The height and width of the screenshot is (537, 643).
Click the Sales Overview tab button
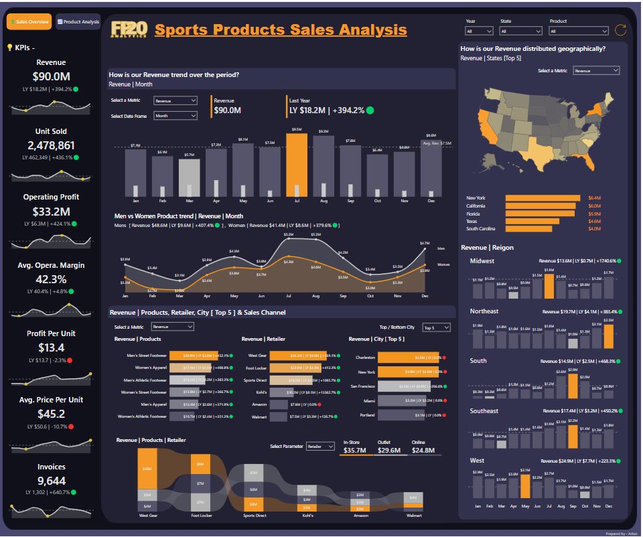tap(29, 21)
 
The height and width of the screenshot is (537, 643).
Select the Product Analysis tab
tap(78, 21)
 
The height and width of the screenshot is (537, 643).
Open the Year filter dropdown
tap(480, 31)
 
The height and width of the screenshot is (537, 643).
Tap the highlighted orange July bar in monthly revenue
tap(296, 164)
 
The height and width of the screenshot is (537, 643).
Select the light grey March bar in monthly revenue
tap(189, 177)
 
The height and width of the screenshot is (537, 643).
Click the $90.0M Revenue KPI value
tap(51, 76)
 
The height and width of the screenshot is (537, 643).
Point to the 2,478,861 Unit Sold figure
tap(51, 145)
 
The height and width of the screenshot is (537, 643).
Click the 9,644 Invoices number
tap(51, 480)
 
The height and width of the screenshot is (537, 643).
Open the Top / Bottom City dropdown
tap(437, 327)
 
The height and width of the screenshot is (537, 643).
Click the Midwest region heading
tap(482, 260)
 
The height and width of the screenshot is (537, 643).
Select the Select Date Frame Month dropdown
tap(175, 115)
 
